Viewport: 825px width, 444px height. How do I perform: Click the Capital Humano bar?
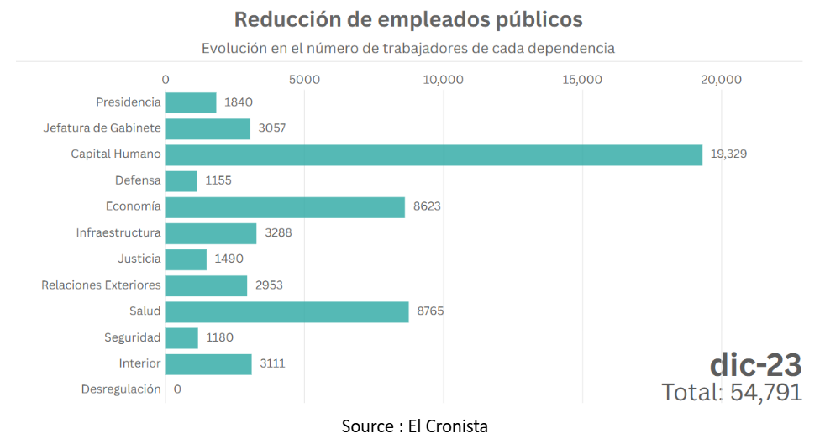coord(433,155)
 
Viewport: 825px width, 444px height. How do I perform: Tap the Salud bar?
coord(286,311)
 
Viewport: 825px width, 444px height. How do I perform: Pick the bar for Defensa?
coord(181,181)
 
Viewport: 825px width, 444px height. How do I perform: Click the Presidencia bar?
coord(191,102)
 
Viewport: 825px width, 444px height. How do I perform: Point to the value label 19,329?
coord(728,154)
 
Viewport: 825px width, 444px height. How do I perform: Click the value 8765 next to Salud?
coord(430,311)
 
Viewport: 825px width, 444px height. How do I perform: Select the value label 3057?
coord(272,128)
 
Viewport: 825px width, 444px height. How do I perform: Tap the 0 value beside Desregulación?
coord(177,389)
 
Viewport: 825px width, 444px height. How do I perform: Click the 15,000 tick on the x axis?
coord(582,80)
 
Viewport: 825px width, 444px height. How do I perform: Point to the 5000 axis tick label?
coord(304,80)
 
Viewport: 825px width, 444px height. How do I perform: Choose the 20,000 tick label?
coord(721,80)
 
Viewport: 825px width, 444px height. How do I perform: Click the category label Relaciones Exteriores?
coord(101,285)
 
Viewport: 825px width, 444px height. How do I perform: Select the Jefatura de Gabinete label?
coord(102,128)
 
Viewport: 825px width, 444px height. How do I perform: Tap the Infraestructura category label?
coord(118,233)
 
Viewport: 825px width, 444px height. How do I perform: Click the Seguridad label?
coord(133,337)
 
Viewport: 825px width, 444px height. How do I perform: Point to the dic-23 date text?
coord(755,364)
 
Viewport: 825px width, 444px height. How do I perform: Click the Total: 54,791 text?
coord(731,392)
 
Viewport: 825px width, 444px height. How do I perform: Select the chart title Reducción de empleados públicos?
coord(407,18)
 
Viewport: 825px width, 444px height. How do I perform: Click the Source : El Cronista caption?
coord(414,426)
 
